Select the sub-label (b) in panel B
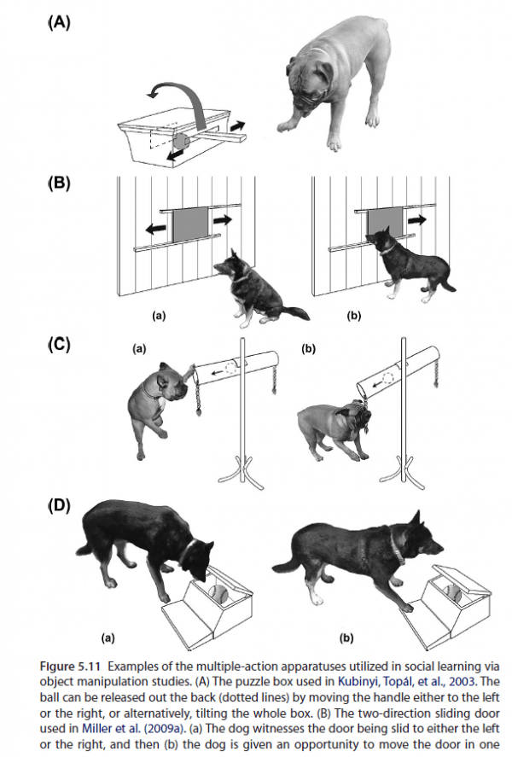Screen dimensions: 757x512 pos(355,315)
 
